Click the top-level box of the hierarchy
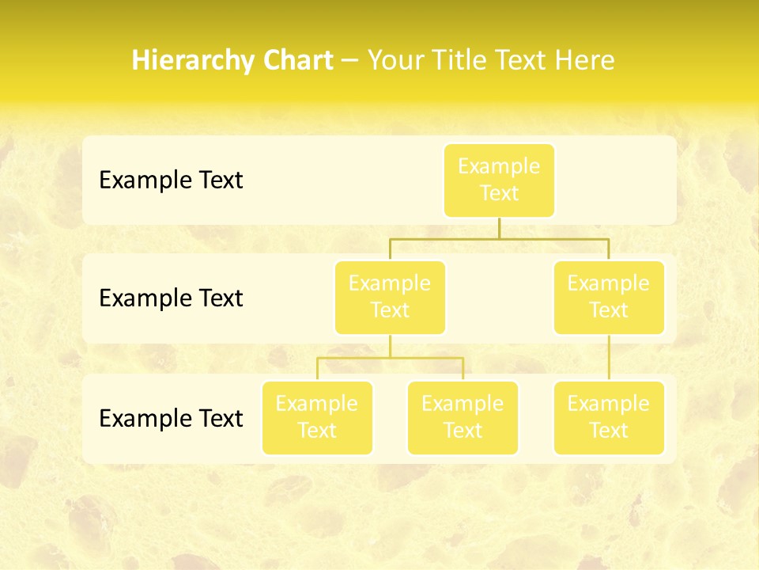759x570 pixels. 499,180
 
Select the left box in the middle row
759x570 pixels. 390,297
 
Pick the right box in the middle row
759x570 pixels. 609,297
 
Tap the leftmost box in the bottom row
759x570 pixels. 317,417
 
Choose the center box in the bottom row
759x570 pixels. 463,417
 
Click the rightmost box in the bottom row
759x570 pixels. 609,417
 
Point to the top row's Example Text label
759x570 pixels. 171,180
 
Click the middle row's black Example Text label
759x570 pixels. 171,298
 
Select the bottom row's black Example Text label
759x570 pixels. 171,418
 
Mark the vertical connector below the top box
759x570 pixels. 499,228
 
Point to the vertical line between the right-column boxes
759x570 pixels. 609,358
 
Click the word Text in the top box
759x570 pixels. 499,193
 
